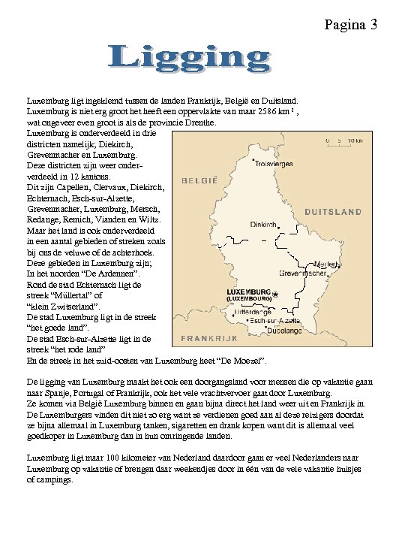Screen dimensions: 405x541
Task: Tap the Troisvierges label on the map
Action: tap(274, 164)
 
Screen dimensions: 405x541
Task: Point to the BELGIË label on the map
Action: tap(200, 180)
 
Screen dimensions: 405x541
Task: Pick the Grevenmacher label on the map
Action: tap(301, 273)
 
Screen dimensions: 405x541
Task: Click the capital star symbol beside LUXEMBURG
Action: tap(275, 295)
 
